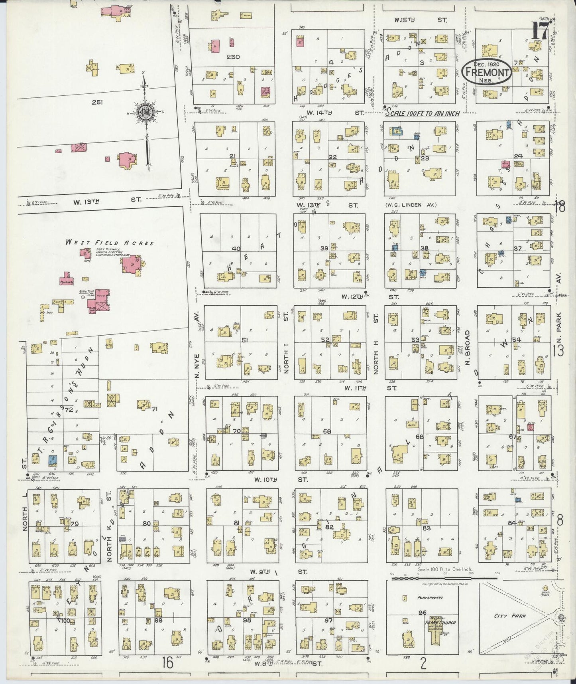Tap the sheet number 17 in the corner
pos(541,31)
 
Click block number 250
pos(233,57)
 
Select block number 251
pos(98,102)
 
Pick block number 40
pos(236,249)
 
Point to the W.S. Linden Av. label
pos(411,205)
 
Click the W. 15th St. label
pos(421,19)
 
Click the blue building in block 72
pos(52,460)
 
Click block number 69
pos(327,431)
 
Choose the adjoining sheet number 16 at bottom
pos(168,663)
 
